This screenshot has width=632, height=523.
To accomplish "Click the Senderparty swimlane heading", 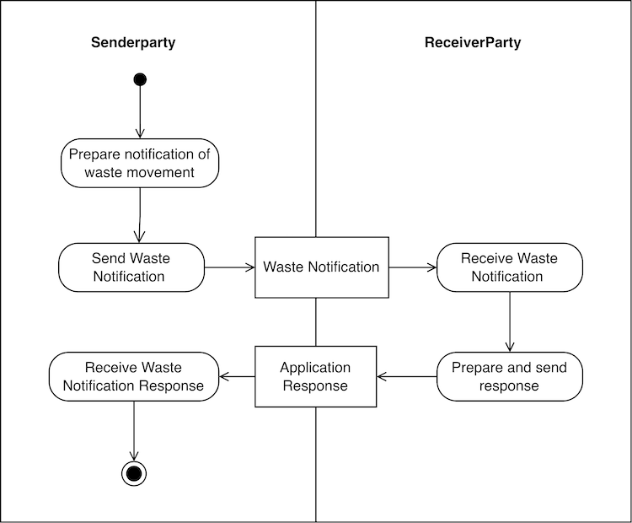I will pos(133,43).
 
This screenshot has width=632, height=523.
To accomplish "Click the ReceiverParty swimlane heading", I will pos(472,43).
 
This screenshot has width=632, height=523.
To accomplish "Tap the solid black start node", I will pos(140,79).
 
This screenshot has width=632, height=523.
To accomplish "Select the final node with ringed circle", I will pos(133,473).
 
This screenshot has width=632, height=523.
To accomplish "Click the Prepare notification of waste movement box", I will pos(140,163).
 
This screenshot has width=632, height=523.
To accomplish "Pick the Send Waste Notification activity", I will pos(131,267).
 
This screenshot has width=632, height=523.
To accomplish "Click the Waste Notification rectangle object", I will pos(322,267).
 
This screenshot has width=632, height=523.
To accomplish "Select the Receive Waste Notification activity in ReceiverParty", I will pos(508,267).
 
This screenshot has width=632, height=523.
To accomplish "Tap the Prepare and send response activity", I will pos(509,376).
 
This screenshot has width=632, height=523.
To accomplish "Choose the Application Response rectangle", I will pos(315,376).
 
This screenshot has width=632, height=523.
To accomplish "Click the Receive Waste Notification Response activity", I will pos(133,376).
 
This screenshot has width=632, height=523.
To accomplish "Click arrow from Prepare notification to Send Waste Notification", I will pos(140,215).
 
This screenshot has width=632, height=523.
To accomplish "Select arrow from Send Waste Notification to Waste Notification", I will pos(229,267).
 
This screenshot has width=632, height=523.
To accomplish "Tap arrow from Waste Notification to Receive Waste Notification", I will pos(412,267).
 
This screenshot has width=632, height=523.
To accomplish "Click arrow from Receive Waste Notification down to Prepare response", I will pos(509,321).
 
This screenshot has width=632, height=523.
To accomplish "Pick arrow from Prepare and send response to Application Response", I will pos(406,376).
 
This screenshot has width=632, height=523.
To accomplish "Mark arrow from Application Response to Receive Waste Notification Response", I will pos(237,376).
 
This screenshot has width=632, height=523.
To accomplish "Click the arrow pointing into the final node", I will pos(133,430).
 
